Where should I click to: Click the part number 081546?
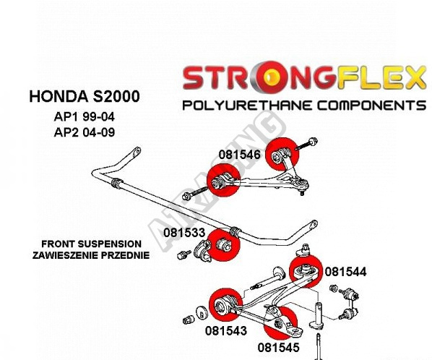(239, 155)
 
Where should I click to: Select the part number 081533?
(184, 233)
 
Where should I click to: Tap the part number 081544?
(345, 272)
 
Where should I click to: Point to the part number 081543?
(226, 330)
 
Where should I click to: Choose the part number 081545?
(278, 348)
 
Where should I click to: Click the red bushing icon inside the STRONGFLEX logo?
(271, 78)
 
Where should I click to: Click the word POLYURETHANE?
(247, 106)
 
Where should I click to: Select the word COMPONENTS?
(371, 106)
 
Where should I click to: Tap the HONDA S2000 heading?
(85, 96)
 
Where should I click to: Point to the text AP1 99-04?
(85, 117)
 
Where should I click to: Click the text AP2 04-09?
(85, 132)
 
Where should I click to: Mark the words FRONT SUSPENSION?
(91, 244)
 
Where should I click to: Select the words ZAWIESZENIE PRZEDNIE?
(91, 255)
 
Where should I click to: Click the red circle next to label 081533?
(223, 245)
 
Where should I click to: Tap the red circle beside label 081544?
(306, 271)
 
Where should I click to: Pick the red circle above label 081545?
(280, 322)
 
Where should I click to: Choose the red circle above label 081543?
(225, 304)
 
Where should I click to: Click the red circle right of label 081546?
(282, 154)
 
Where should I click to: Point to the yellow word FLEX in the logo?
(381, 77)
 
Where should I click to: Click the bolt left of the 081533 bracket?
(183, 254)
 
